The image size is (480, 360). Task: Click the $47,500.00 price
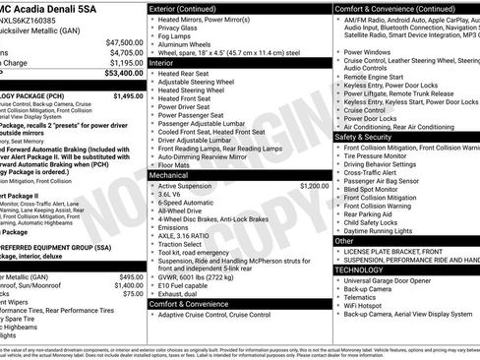(123, 42)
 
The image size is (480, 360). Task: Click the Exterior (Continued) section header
(192, 8)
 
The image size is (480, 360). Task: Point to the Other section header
(344, 240)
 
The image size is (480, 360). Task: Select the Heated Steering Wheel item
(194, 90)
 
